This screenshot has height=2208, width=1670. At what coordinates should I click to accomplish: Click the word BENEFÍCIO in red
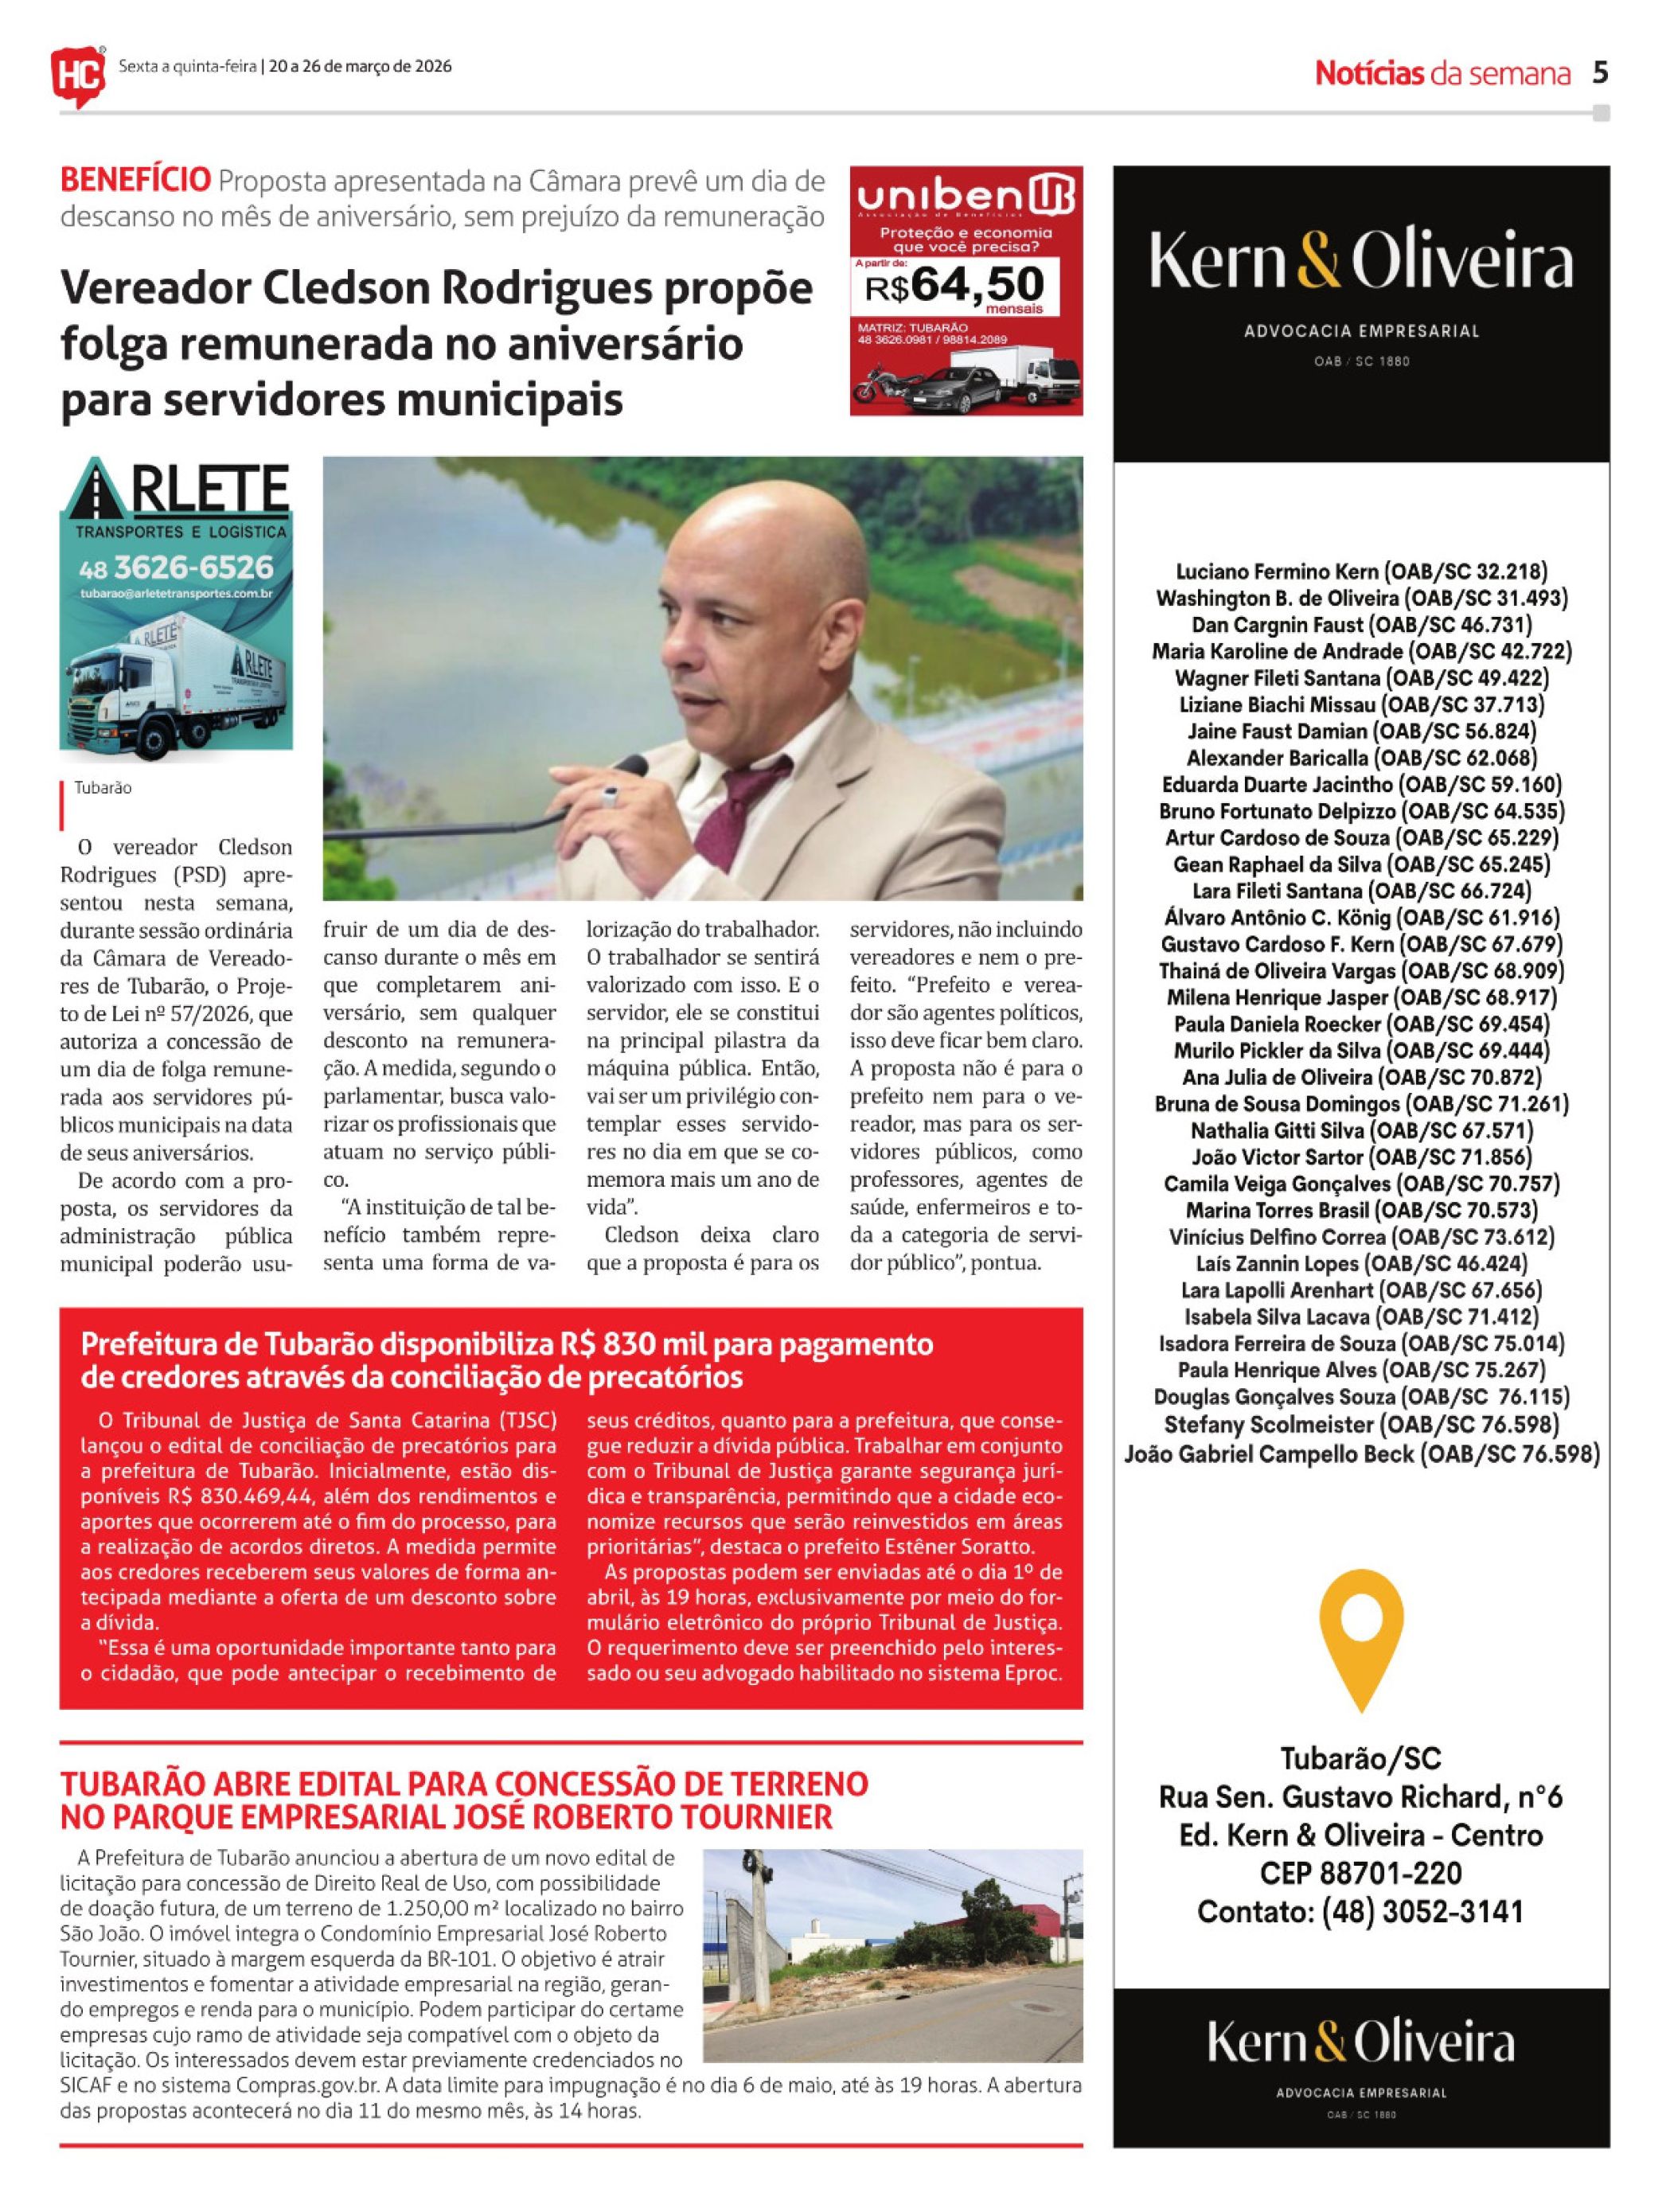pyautogui.click(x=136, y=181)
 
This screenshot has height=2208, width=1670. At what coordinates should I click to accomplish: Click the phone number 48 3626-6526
pyautogui.click(x=176, y=568)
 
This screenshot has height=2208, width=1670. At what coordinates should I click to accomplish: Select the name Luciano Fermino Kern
pyautogui.click(x=1278, y=572)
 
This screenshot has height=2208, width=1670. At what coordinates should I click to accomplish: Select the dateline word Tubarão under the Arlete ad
pyautogui.click(x=103, y=787)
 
